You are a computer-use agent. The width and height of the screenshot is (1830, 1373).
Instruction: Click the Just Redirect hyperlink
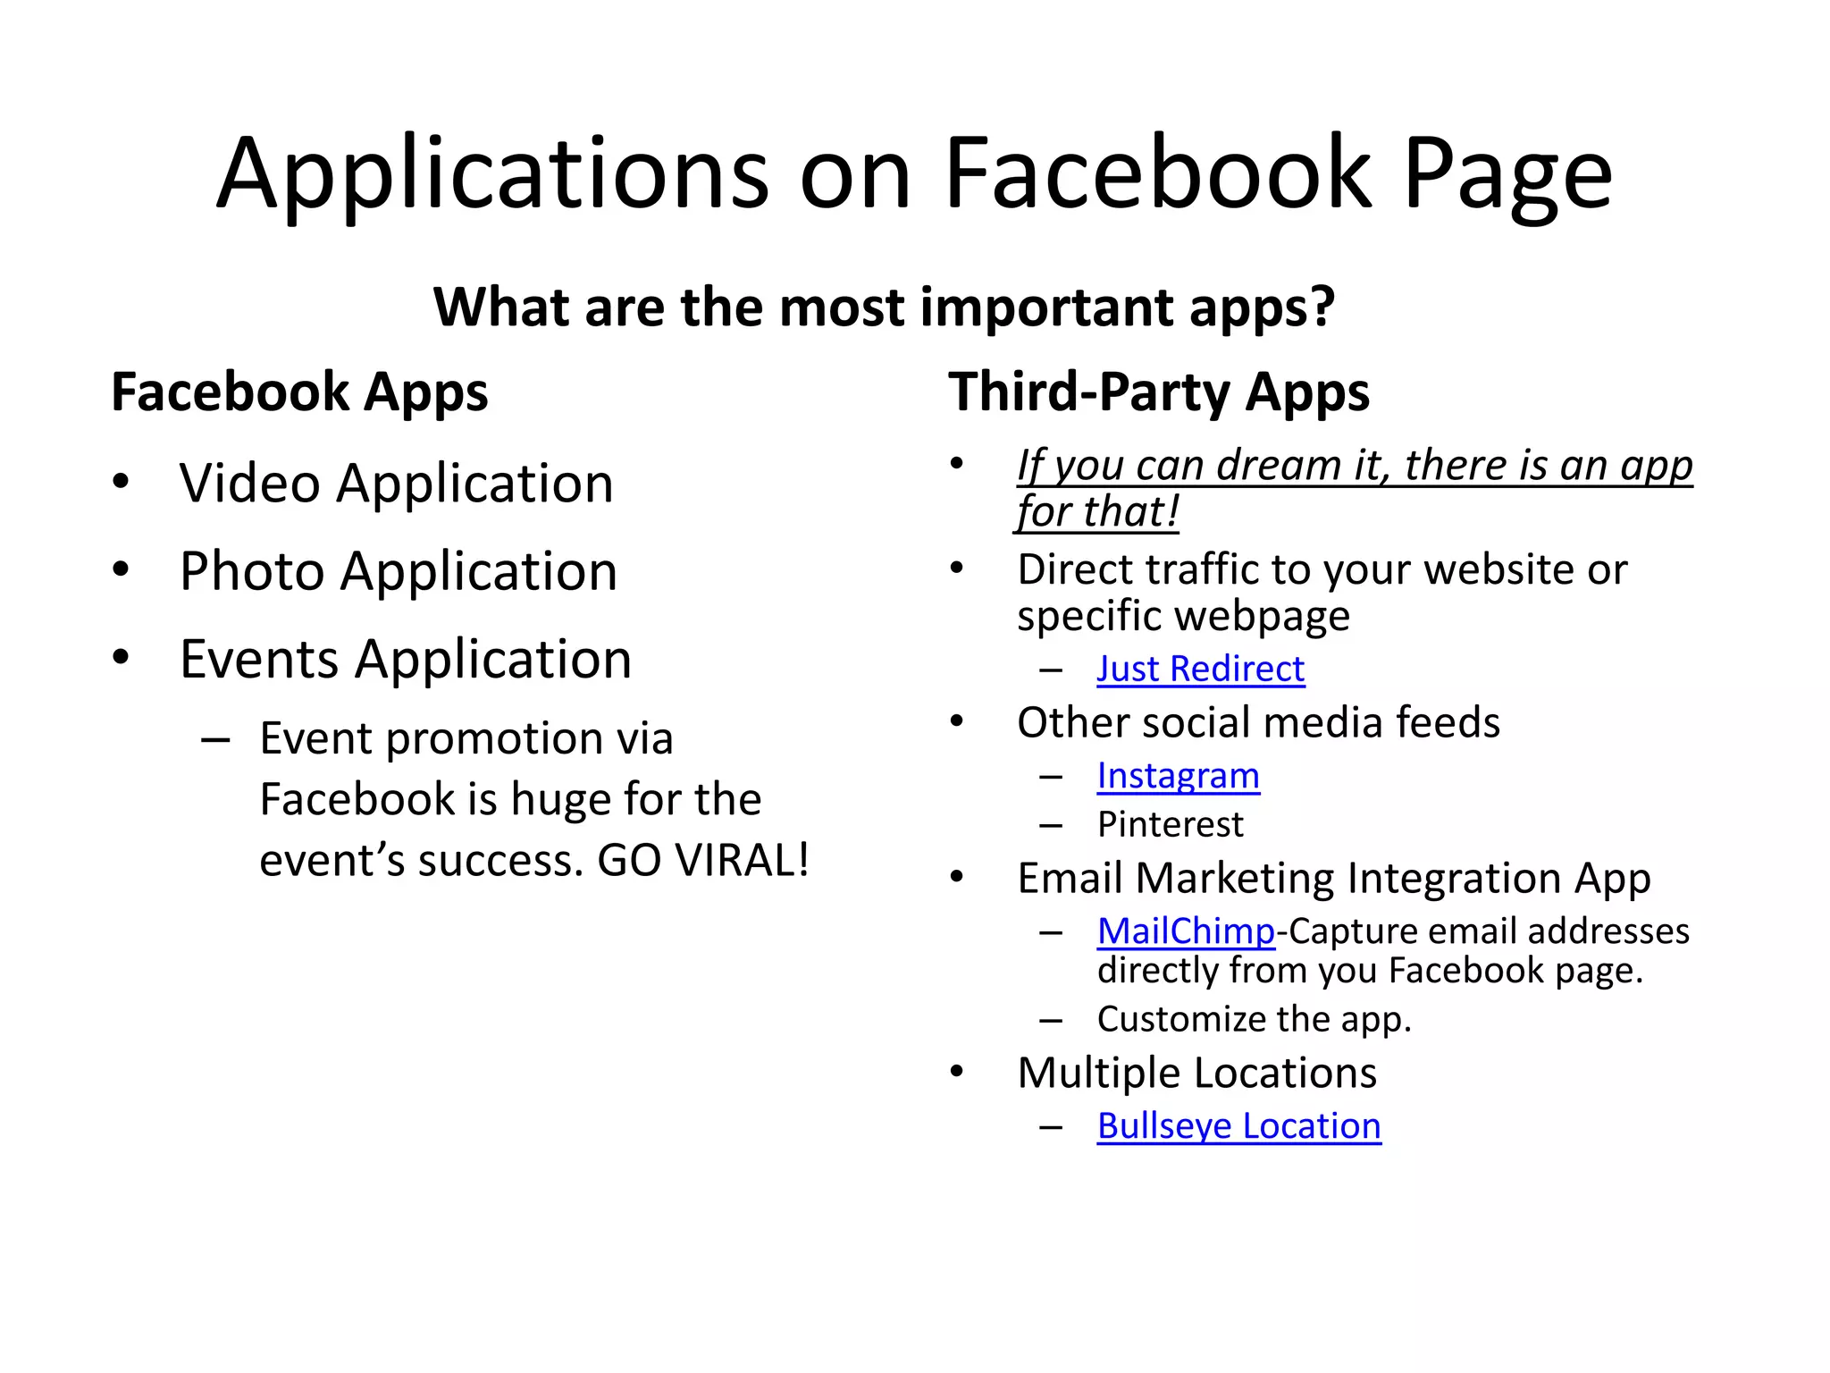1200,669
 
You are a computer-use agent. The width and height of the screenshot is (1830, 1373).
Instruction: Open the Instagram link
1178,776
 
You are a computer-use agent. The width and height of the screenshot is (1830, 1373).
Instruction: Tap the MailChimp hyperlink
1185,931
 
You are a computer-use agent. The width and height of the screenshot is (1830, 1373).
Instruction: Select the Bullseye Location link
1238,1126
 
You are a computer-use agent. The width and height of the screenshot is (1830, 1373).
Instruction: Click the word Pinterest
1170,824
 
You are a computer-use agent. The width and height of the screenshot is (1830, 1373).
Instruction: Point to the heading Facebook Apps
299,392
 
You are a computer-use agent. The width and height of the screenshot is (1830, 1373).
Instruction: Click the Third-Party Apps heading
1158,392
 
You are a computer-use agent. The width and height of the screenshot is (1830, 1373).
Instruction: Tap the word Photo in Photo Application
251,571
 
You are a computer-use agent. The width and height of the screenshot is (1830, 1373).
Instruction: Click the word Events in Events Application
258,660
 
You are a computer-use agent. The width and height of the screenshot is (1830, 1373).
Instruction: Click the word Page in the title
1507,174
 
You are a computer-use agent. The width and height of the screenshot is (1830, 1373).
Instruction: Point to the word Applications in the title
492,174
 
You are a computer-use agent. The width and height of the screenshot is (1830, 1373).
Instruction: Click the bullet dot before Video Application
121,482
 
